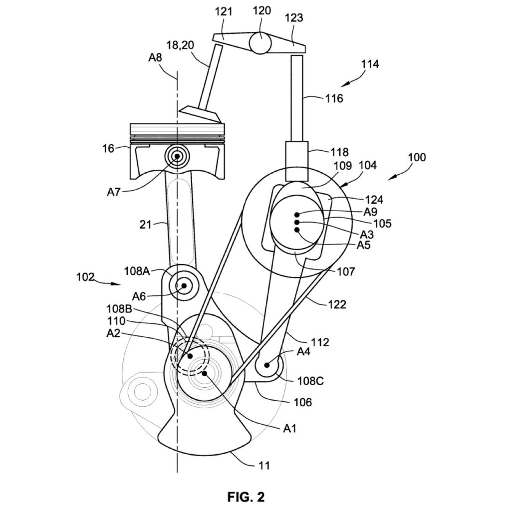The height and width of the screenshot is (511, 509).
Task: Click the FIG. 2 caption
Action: [x=246, y=497]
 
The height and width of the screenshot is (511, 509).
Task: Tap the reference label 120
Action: [x=261, y=11]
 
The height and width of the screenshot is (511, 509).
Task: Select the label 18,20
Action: [x=180, y=45]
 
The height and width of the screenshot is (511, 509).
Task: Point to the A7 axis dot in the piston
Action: [x=178, y=156]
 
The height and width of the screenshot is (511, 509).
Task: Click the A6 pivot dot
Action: [x=184, y=286]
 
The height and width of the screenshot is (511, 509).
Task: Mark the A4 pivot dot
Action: [x=267, y=365]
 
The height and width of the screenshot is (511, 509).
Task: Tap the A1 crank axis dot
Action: [x=205, y=373]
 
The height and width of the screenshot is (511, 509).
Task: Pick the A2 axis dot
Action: [x=190, y=356]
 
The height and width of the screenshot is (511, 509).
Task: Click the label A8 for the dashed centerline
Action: [x=155, y=58]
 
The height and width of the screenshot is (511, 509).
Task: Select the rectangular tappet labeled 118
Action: [x=296, y=161]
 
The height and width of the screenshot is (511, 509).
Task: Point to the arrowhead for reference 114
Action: [x=344, y=85]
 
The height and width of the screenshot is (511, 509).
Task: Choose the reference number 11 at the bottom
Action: [x=263, y=466]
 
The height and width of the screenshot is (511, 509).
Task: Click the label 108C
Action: [x=310, y=381]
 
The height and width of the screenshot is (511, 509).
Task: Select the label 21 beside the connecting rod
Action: [x=145, y=225]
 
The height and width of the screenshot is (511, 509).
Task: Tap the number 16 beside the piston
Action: [x=108, y=149]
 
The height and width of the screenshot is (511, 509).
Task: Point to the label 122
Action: [x=337, y=305]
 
